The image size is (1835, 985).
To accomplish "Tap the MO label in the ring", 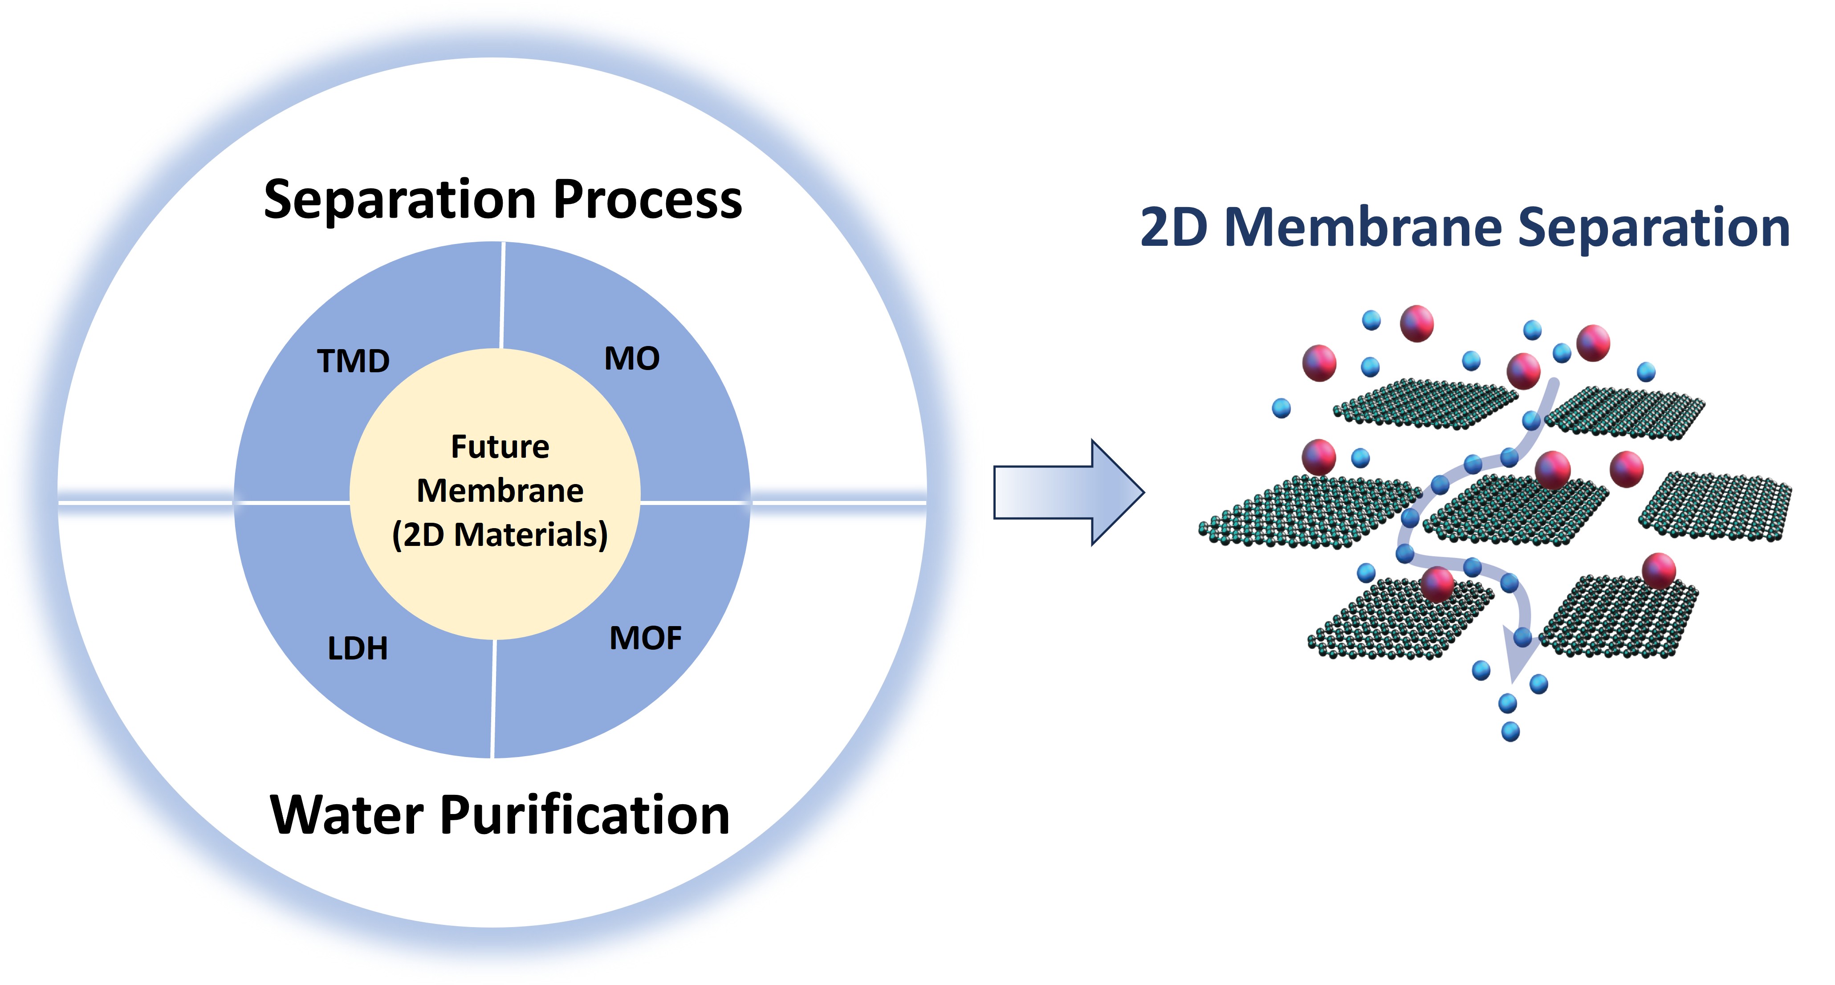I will pyautogui.click(x=632, y=358).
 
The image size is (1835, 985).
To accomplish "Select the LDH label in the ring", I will pyautogui.click(x=358, y=648).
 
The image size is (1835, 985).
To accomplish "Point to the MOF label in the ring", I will pyautogui.click(x=645, y=638).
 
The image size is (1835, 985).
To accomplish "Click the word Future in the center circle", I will pyautogui.click(x=500, y=447).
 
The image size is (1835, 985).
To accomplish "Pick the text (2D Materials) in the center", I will pyautogui.click(x=500, y=535).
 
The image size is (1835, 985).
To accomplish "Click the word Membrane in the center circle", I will pyautogui.click(x=500, y=491).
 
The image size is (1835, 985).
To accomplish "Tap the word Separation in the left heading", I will pyautogui.click(x=399, y=199).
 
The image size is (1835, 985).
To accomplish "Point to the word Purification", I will pyautogui.click(x=586, y=815).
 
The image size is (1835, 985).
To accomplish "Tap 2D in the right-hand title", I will pyautogui.click(x=1174, y=228).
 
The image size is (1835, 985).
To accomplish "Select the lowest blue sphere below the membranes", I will pyautogui.click(x=1510, y=732).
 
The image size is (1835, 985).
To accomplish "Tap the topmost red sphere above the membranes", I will pyautogui.click(x=1417, y=323).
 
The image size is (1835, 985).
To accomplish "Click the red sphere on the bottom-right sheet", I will pyautogui.click(x=1659, y=570).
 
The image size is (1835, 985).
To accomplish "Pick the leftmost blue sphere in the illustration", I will pyautogui.click(x=1282, y=408).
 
